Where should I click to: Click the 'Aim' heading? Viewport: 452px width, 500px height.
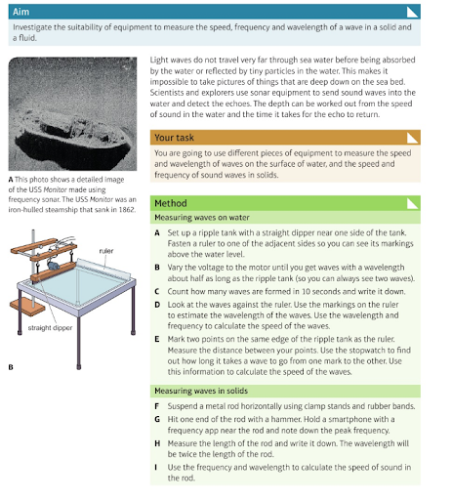21,12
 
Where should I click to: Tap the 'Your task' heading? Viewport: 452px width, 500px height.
174,138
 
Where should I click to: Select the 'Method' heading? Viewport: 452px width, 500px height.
171,203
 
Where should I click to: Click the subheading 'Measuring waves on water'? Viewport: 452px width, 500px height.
202,218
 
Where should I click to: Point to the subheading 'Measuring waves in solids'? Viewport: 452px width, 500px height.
201,391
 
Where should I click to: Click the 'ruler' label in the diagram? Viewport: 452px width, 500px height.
106,251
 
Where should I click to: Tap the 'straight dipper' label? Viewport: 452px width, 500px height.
50,328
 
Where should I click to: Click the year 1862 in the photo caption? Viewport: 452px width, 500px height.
127,210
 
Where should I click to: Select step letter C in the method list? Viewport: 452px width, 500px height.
157,291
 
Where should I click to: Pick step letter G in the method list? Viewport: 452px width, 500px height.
157,419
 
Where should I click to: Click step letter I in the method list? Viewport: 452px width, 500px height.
156,468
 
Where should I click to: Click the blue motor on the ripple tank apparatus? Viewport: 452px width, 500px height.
53,266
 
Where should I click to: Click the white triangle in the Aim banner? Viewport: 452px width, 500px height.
412,13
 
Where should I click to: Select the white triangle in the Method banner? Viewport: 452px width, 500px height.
412,204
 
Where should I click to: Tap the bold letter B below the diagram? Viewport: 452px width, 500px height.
11,367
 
